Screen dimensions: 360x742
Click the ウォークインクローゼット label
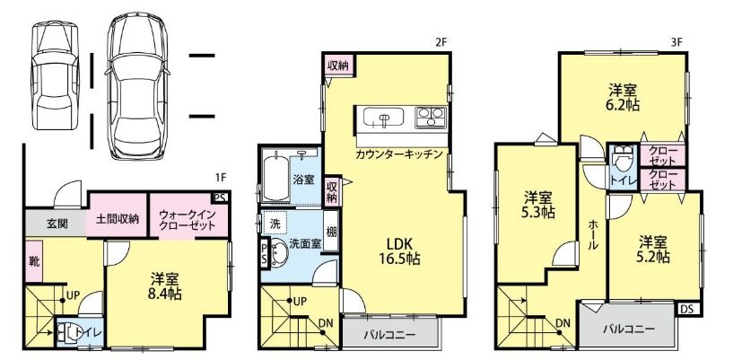point(188,221)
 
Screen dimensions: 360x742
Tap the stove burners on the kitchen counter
point(429,117)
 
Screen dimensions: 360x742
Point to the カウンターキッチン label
point(398,154)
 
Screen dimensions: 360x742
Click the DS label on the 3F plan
point(686,310)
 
